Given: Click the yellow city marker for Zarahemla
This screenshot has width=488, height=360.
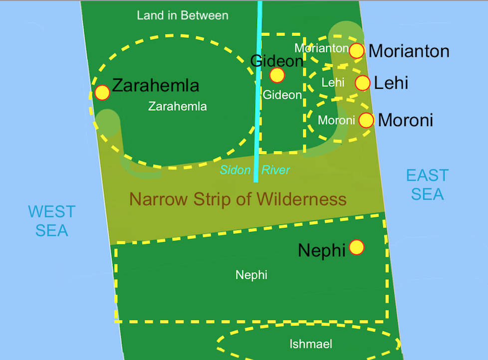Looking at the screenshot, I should coord(102,92).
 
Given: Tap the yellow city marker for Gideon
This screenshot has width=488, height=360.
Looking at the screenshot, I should coord(277,75).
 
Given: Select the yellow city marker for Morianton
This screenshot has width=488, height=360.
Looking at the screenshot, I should coord(356,50).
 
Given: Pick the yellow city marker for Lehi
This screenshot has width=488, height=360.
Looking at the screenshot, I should coord(362,83).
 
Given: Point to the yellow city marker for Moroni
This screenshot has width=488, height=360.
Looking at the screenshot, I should coord(366,120).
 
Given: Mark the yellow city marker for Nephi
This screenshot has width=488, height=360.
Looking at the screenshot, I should coord(356,247).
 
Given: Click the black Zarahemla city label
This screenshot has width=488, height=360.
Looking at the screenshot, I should coord(155,86).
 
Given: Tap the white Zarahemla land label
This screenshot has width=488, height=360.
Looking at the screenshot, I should coord(177,106).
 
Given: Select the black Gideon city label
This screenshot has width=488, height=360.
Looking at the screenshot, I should coord(276,61).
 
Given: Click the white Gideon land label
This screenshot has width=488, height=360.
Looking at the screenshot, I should coord(282,95).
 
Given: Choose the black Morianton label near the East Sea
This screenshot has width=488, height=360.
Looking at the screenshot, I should coord(409,51).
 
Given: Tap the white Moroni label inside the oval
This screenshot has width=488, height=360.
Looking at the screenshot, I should coord(336,120).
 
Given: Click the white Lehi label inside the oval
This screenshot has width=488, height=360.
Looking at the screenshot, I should coord(333,83).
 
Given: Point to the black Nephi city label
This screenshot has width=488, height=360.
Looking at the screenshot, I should coord(322,250).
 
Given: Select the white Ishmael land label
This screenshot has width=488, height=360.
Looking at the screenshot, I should coord(310,344).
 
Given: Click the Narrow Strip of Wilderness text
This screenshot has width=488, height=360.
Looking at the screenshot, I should coord(238,199).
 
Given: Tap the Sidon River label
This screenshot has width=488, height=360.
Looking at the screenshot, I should coord(255,171).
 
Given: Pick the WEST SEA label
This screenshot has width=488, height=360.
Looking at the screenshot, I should coord(51,221).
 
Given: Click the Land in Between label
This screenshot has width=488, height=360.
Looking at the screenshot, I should coord(183,15).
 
